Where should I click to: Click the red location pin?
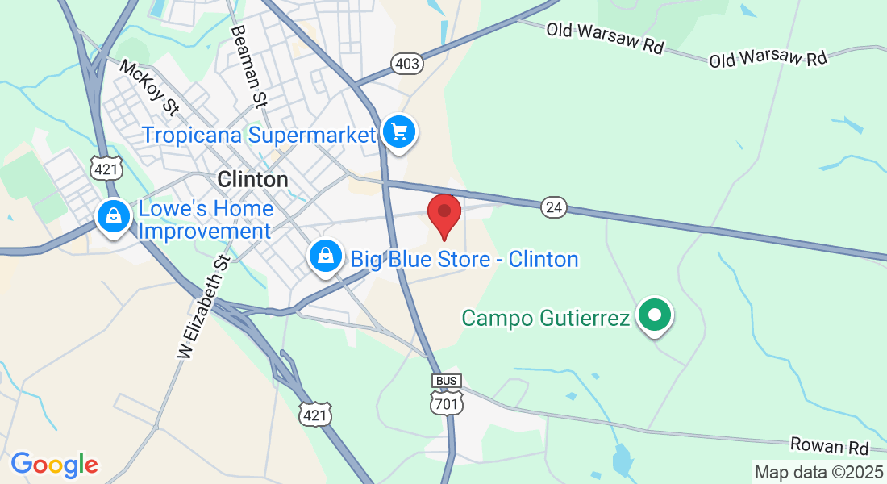click(443, 213)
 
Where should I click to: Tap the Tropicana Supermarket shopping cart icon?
click(399, 131)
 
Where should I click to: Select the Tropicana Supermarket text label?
click(260, 134)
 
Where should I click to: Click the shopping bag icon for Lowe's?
click(114, 216)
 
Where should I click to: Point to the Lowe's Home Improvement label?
click(206, 220)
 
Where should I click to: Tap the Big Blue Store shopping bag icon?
click(325, 256)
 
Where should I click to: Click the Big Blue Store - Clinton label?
click(464, 260)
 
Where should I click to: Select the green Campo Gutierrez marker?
click(655, 315)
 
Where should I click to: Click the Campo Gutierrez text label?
click(545, 318)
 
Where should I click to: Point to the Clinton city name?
click(252, 179)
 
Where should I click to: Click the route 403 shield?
click(407, 63)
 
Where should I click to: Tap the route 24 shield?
click(553, 207)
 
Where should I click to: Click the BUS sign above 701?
click(447, 381)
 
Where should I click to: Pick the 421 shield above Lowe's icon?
click(106, 169)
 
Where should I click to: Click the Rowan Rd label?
click(829, 447)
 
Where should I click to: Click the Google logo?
click(54, 465)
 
